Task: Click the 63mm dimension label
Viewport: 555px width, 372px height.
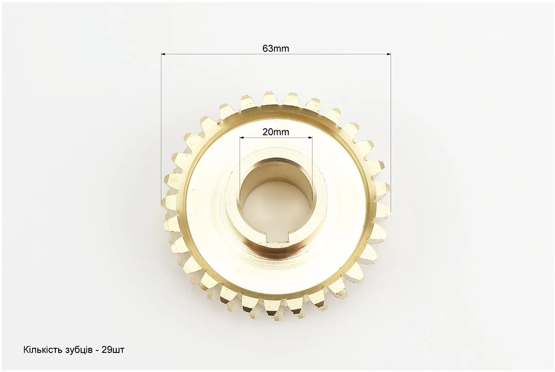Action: tap(275, 48)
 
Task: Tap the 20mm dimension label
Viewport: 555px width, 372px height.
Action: tap(275, 132)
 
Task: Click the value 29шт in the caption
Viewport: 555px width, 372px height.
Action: tap(113, 351)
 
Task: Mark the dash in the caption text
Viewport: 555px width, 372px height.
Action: tap(97, 351)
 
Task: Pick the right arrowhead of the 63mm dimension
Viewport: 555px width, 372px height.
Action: tap(389, 54)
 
